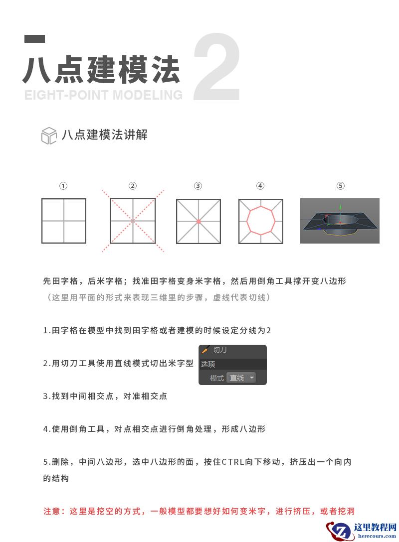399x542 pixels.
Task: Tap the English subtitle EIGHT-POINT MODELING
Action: (x=103, y=95)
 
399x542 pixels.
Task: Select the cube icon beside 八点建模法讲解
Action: (x=48, y=135)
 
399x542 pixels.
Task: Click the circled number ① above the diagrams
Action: (x=63, y=186)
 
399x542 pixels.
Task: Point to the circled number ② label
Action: (x=133, y=186)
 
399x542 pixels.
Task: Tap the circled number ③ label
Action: (x=198, y=186)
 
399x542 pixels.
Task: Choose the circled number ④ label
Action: (x=260, y=186)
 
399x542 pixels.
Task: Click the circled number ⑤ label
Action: (x=340, y=186)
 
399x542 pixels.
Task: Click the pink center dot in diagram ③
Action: (x=199, y=221)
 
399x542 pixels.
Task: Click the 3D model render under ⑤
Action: (x=340, y=221)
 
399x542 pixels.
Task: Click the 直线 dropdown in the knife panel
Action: (x=241, y=378)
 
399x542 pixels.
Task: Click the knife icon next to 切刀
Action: (x=204, y=350)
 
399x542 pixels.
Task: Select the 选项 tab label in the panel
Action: (x=208, y=364)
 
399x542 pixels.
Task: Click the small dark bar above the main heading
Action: (x=35, y=39)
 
